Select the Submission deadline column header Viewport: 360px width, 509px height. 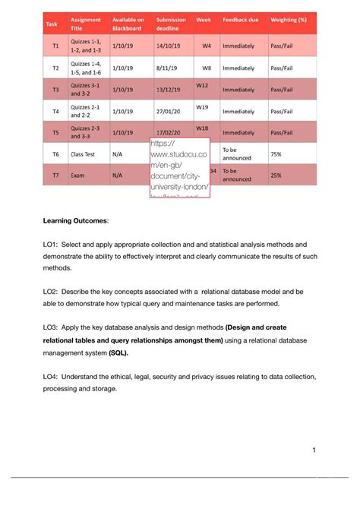(x=172, y=23)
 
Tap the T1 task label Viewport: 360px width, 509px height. (x=55, y=46)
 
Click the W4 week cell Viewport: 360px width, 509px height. (x=206, y=46)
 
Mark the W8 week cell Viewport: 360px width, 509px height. (x=206, y=68)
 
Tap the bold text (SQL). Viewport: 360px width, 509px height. (x=118, y=353)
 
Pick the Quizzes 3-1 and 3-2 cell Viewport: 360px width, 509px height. (x=84, y=89)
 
